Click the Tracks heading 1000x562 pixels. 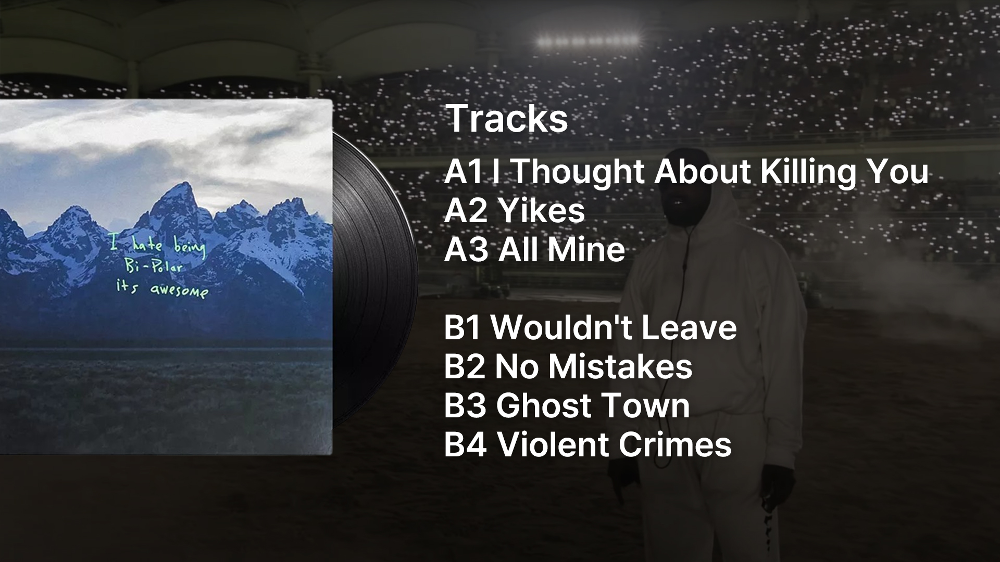(x=507, y=119)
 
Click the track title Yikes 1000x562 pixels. (x=542, y=211)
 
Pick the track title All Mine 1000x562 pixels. (x=561, y=250)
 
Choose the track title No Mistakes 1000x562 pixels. (x=594, y=367)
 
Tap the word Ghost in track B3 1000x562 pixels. (x=542, y=406)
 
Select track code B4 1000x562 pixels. (x=466, y=445)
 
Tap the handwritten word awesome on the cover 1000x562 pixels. (x=179, y=290)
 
